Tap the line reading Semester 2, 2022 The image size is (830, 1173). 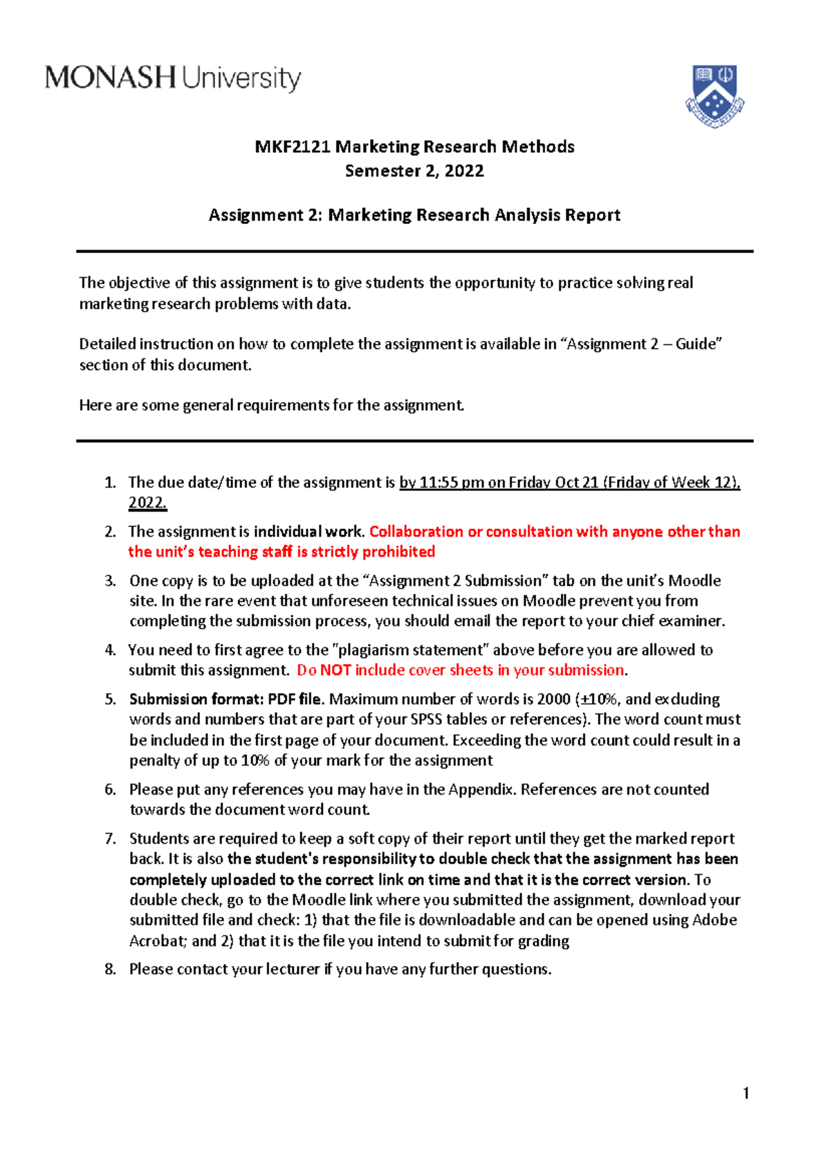(414, 171)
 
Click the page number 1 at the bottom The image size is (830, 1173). (746, 1093)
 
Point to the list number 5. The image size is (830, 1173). (110, 699)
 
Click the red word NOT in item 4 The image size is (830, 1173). (335, 670)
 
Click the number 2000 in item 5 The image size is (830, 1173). (553, 699)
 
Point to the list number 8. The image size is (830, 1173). (110, 969)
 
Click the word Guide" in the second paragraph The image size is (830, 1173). (699, 344)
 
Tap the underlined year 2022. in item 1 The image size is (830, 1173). (147, 503)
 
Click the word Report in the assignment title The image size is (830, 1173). (592, 215)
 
